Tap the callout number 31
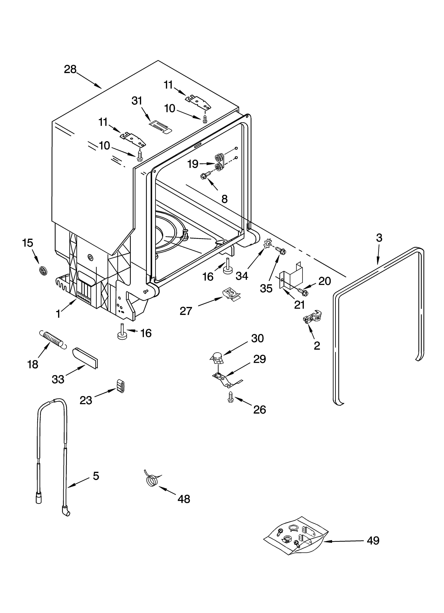pos(137,101)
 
